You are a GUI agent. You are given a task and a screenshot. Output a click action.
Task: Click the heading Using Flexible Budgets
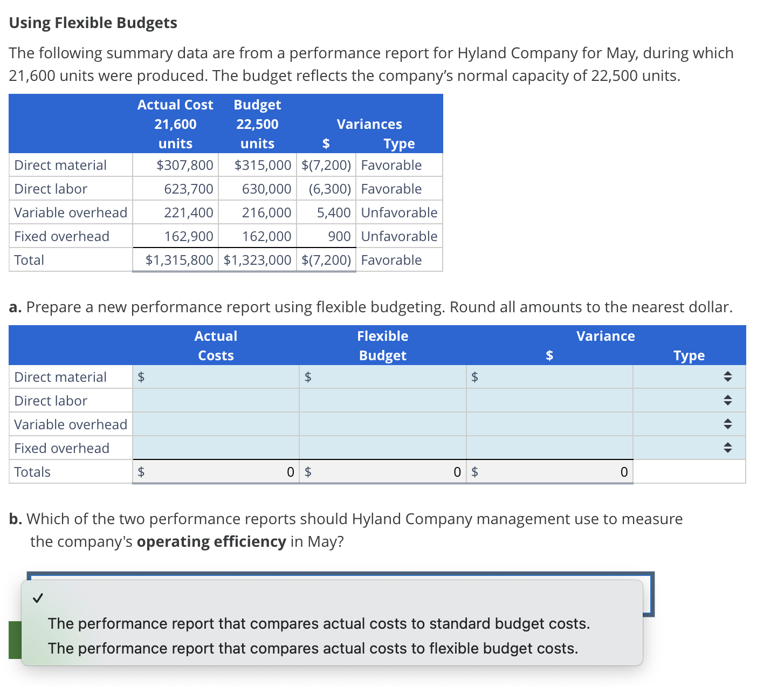tap(93, 23)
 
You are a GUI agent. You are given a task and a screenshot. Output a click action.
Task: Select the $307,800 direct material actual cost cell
tap(184, 166)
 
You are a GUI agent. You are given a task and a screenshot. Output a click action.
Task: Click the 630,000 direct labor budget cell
tap(266, 189)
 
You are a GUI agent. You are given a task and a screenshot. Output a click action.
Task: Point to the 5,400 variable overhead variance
tap(333, 213)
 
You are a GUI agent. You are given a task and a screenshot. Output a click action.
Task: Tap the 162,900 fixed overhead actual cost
tap(189, 237)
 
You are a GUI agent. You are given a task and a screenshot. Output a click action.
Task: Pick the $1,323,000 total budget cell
tap(257, 260)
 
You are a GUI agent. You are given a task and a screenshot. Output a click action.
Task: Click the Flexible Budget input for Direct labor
tap(383, 401)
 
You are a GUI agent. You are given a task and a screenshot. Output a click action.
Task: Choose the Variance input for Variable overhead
tap(549, 425)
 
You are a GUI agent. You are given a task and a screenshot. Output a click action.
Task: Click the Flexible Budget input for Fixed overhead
tap(383, 449)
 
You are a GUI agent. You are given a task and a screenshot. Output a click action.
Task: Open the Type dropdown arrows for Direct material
tap(727, 377)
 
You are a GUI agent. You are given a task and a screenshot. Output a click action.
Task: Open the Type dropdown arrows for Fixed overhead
tap(727, 449)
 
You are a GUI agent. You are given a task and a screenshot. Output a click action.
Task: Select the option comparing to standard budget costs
tap(319, 624)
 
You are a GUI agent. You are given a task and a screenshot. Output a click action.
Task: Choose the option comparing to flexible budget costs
tap(313, 649)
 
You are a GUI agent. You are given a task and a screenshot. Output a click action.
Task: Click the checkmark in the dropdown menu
tap(38, 598)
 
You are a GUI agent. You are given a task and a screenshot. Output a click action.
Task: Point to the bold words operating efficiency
tap(211, 542)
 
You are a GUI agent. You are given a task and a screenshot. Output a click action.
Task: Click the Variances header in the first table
tap(369, 125)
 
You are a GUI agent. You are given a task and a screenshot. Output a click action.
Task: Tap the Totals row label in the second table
tap(32, 472)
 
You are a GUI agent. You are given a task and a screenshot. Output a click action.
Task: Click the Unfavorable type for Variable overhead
tap(399, 213)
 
